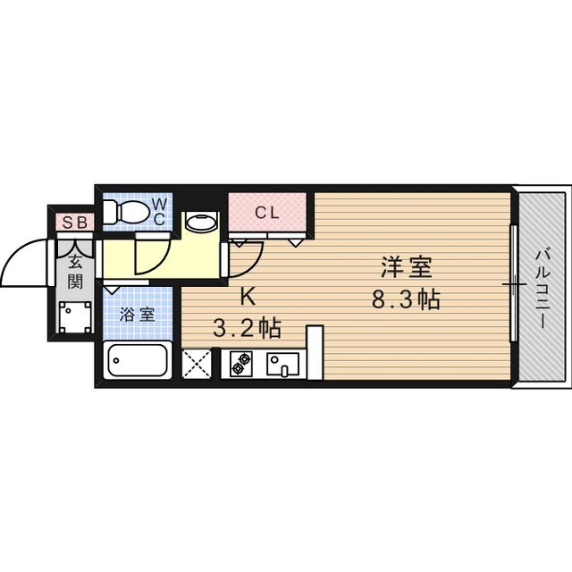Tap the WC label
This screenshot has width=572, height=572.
157,211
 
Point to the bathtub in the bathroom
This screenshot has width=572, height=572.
138,362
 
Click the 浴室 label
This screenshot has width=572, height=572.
138,315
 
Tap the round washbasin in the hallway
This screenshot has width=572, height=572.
199,222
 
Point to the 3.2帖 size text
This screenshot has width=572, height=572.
247,328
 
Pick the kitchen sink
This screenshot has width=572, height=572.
284,364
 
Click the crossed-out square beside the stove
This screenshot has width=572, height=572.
197,364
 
